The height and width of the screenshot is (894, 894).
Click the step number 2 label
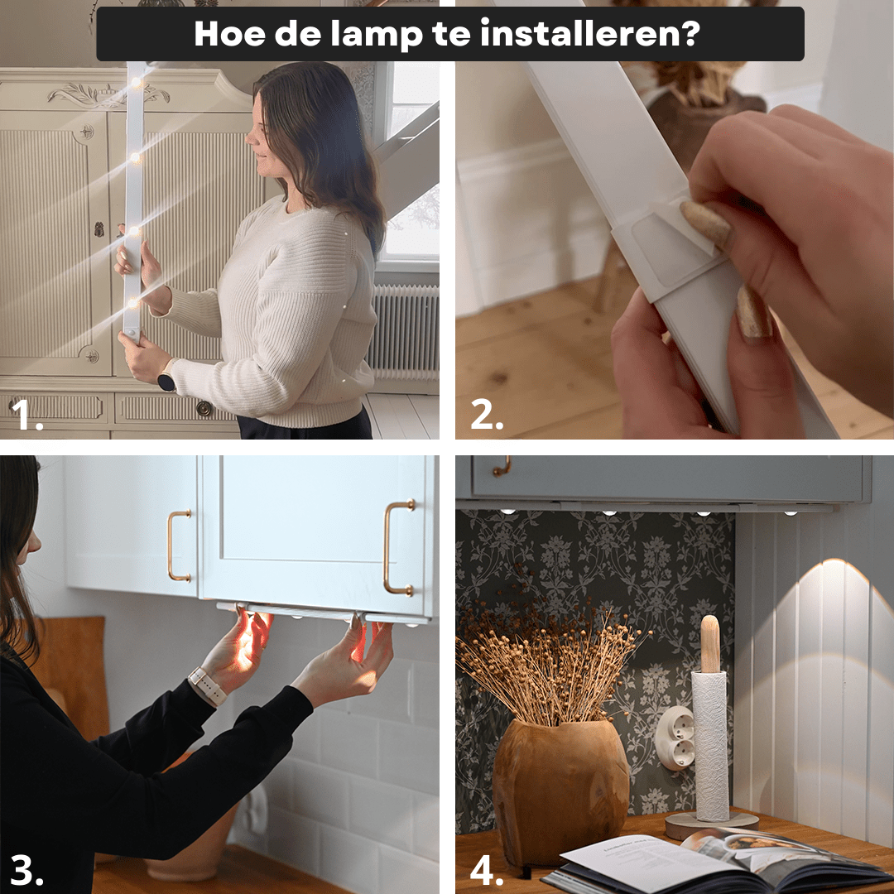pos(487,416)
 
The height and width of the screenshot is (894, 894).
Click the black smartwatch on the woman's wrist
pos(166,382)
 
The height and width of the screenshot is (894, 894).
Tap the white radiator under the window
pos(403,331)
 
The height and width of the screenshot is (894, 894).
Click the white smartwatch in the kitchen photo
pos(206,686)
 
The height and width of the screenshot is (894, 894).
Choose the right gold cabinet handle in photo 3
pos(398,548)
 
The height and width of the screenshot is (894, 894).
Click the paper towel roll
pos(710,745)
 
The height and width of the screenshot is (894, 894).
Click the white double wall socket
pos(675,737)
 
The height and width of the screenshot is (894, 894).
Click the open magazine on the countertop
pos(704,861)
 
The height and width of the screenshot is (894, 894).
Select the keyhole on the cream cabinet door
pos(99,229)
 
